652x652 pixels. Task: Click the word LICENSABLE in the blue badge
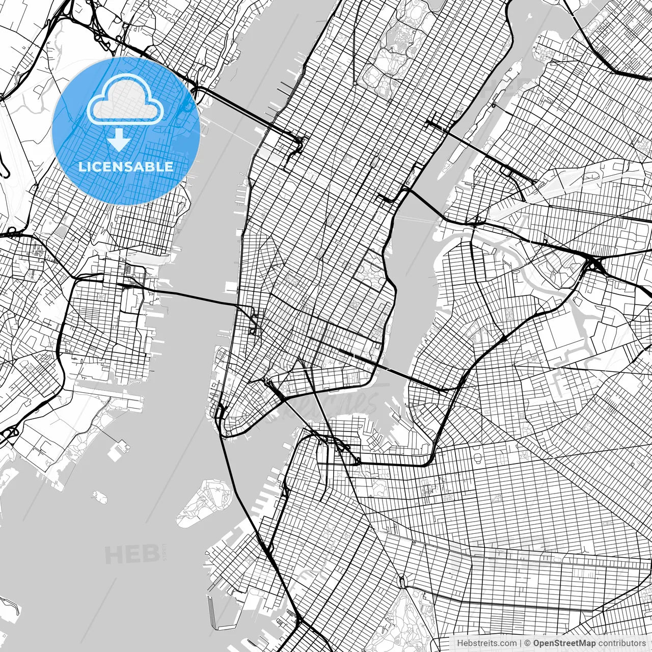[x=125, y=167]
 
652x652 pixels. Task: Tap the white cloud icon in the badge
[x=125, y=102]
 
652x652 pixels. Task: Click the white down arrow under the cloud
[x=119, y=140]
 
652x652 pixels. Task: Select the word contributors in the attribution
[x=621, y=643]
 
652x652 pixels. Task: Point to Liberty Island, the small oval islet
[x=99, y=495]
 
